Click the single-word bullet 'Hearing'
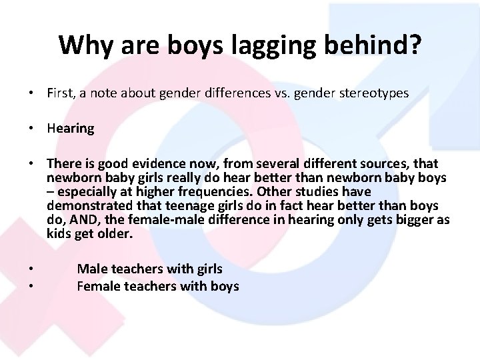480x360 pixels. coord(70,129)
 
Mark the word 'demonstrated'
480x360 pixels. coord(84,207)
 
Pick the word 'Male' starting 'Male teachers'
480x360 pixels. coord(90,269)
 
